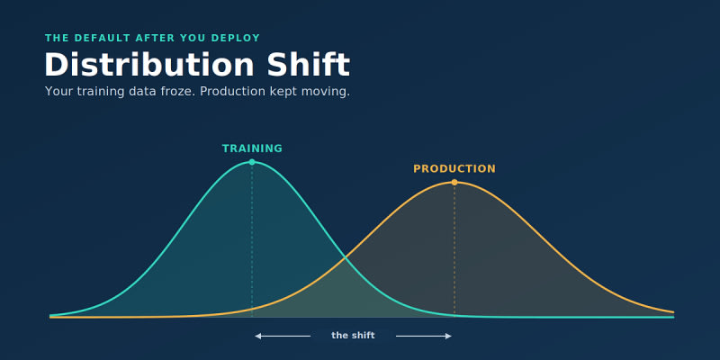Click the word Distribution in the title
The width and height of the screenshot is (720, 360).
[x=149, y=64]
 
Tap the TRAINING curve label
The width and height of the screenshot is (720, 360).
[x=252, y=148]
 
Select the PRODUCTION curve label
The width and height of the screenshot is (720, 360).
[x=454, y=169]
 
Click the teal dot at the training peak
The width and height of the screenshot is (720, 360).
[x=252, y=162]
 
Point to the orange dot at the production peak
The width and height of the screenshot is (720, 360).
[x=454, y=183]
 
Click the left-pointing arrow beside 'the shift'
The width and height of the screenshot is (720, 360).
[x=283, y=336]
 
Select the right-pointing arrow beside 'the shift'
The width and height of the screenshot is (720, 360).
[x=424, y=336]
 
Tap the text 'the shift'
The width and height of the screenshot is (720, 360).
[x=353, y=336]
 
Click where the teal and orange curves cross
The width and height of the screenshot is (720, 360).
[x=346, y=259]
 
